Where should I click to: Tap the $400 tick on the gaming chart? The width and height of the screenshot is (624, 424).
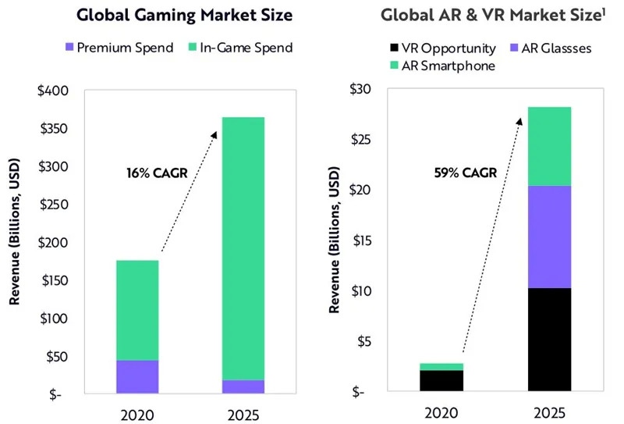(x=54, y=91)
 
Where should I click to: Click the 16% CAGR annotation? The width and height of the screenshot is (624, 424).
(x=157, y=173)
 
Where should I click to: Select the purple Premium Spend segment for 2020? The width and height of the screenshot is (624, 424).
(x=136, y=376)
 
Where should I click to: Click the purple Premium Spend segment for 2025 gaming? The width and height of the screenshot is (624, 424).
(x=243, y=386)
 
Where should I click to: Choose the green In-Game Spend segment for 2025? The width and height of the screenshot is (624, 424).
(x=243, y=248)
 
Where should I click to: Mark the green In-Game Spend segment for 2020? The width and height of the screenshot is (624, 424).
(x=136, y=310)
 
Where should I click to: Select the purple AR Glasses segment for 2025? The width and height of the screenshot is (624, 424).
(x=549, y=237)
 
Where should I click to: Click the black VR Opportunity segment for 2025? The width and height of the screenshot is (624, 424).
(x=549, y=340)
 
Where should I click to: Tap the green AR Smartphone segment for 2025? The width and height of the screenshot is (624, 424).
(x=549, y=146)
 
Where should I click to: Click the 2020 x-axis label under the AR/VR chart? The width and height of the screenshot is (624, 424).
(x=441, y=412)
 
